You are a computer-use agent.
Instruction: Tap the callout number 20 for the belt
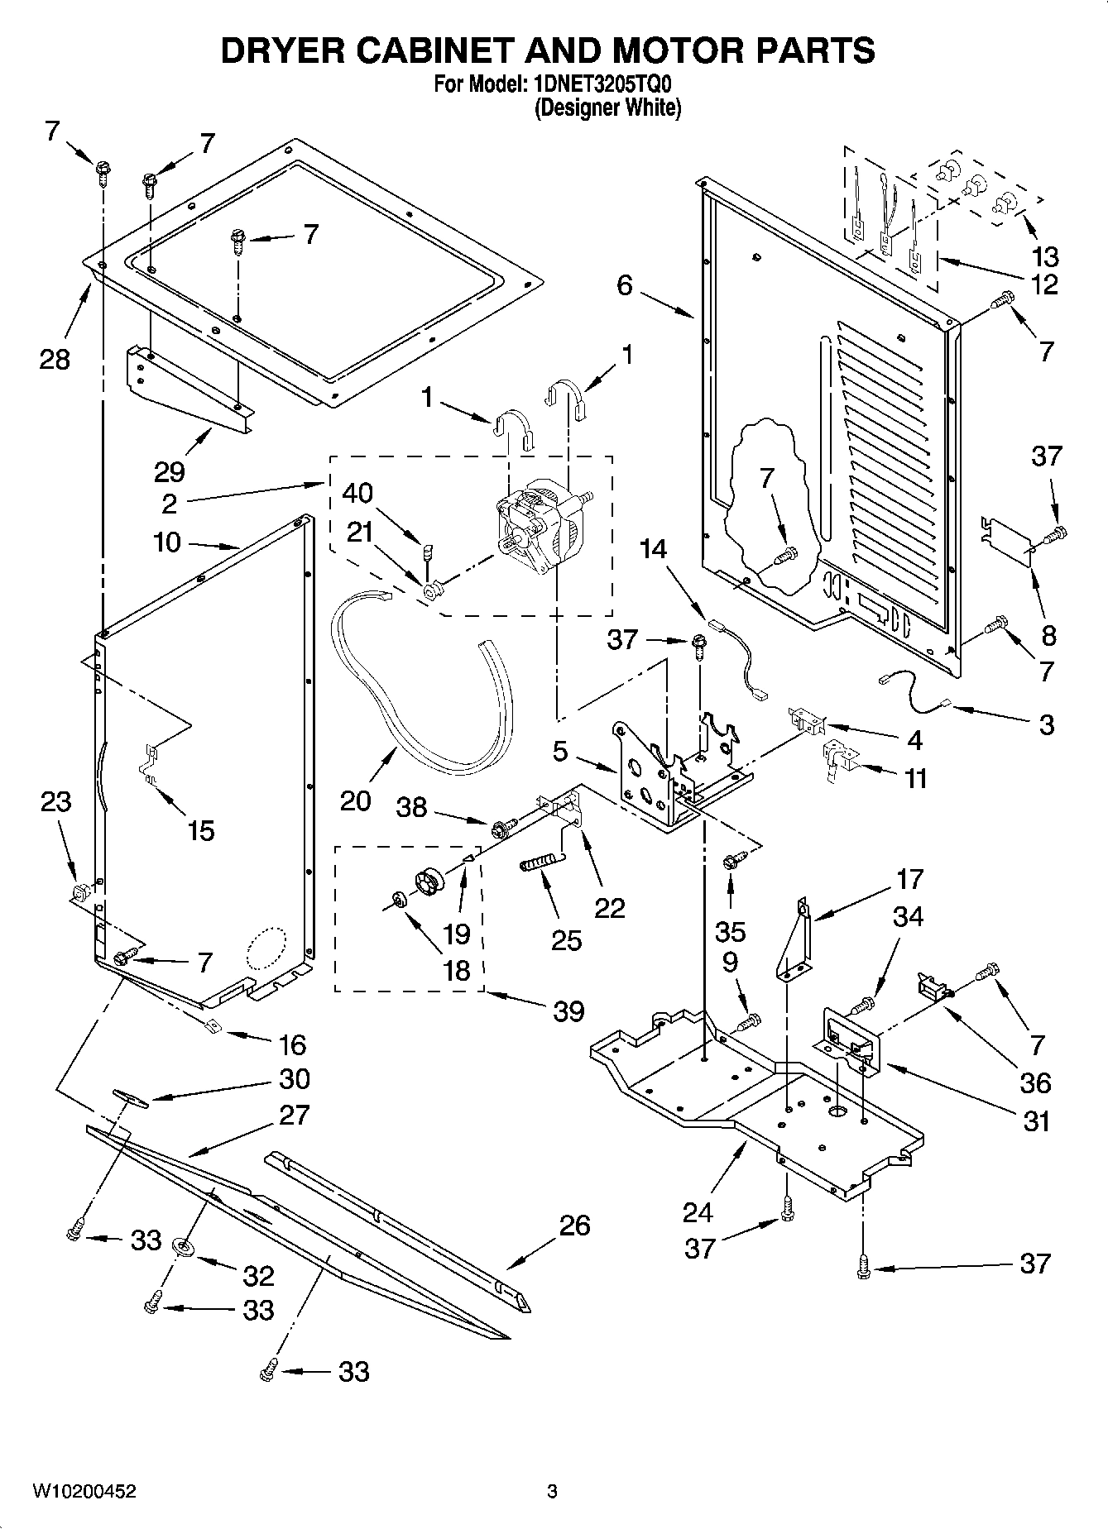click(355, 800)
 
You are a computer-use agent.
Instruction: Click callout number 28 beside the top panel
click(55, 359)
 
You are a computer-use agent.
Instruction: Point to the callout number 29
click(169, 471)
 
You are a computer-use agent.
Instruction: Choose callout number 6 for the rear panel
click(624, 285)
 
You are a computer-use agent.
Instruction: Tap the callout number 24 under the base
click(698, 1212)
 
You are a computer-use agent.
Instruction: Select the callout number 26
click(574, 1225)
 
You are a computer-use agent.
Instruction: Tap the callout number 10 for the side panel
click(167, 542)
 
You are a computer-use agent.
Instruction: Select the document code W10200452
click(84, 1492)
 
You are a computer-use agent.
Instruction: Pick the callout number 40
click(357, 493)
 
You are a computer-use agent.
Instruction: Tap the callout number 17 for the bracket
click(909, 879)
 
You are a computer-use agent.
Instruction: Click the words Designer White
click(607, 108)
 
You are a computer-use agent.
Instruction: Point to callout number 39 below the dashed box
click(568, 1011)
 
